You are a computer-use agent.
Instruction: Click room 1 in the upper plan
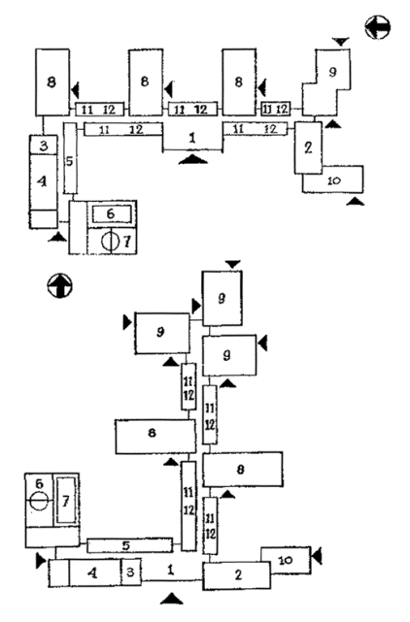192,138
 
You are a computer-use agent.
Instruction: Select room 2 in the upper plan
308,147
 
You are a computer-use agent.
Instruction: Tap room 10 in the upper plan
333,180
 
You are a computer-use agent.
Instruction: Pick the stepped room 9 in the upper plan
326,82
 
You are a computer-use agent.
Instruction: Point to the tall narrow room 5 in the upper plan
70,158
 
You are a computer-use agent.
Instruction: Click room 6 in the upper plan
112,213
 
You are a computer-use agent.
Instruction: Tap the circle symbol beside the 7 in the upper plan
110,242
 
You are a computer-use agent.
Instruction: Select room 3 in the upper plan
44,145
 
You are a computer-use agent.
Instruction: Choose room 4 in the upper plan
44,182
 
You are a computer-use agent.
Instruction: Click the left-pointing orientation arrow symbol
377,27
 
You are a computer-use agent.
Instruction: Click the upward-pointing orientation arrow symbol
60,285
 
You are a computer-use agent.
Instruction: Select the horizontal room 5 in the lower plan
130,545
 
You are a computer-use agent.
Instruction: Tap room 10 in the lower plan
286,560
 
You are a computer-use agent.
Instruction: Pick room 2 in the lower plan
237,575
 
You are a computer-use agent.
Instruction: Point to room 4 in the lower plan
94,573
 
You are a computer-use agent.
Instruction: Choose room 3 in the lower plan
131,572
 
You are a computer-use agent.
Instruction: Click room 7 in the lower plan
66,500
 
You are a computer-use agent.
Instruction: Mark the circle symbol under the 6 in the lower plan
39,501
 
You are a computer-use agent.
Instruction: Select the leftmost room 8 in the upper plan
52,82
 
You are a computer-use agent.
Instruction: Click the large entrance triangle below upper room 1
192,159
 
